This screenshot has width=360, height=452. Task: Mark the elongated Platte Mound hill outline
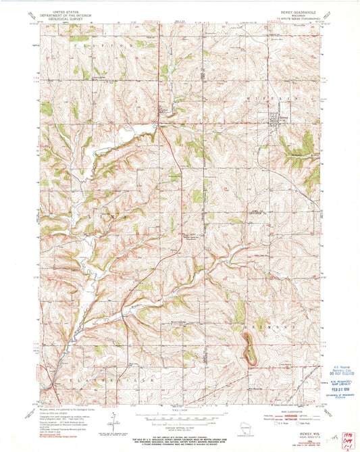point(248,351)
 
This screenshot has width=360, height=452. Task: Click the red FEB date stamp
point(336,388)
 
